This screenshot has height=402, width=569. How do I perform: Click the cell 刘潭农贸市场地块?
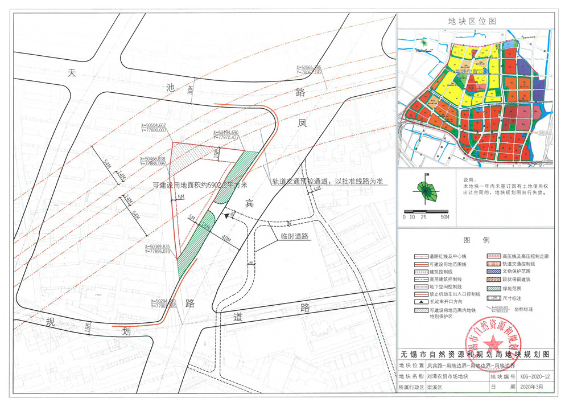coord(447,376)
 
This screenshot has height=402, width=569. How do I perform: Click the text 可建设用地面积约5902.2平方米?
coord(200,185)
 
